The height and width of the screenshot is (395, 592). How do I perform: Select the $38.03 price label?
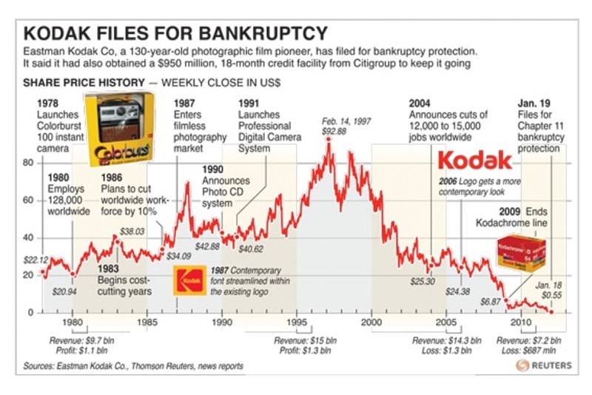132,232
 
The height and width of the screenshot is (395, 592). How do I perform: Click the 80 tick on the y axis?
30,162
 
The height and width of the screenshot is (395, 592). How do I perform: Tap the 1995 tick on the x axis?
297,324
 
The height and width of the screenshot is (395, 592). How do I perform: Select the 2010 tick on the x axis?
521,324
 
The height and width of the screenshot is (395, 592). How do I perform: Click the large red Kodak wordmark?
474,161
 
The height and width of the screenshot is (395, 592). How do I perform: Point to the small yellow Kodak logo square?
188,280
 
